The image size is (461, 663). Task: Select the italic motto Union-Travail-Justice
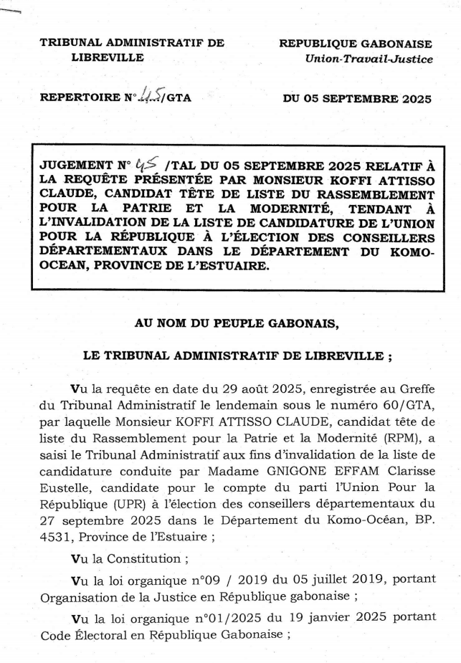click(369, 59)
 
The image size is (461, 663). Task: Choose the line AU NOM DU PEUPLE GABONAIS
click(237, 323)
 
